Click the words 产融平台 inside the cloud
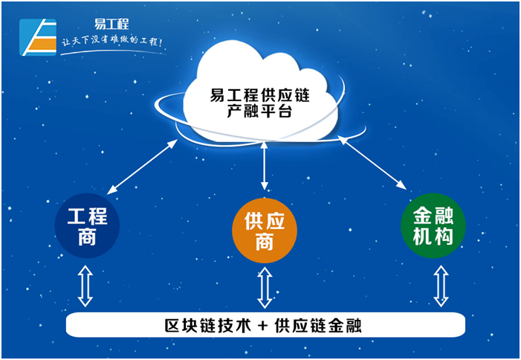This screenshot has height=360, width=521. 259,112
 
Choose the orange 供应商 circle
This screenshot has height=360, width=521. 265,231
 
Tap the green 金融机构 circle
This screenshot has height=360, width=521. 433,226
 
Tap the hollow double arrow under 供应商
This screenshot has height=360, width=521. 265,288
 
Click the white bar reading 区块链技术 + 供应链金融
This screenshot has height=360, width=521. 265,325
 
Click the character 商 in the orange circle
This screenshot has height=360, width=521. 265,241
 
